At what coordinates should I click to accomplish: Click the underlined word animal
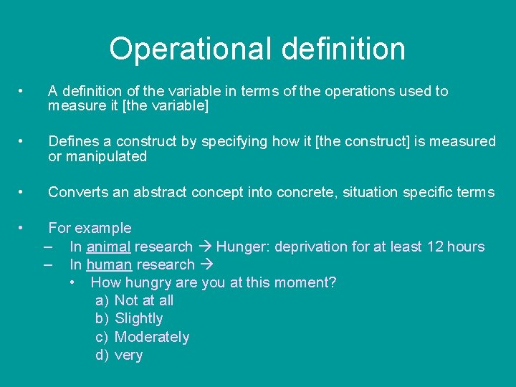[x=108, y=247]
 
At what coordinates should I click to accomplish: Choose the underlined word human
[x=109, y=264]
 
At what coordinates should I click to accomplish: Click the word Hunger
[x=240, y=247]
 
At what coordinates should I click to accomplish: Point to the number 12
[x=435, y=247]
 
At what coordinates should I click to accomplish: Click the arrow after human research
[x=206, y=264]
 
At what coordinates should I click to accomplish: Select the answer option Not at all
[x=143, y=300]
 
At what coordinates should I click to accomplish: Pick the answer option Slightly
[x=138, y=318]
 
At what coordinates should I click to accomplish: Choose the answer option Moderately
[x=151, y=337]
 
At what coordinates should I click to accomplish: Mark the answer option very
[x=128, y=355]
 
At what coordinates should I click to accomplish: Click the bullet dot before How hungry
[x=74, y=282]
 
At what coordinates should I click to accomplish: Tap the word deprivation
[x=310, y=247]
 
